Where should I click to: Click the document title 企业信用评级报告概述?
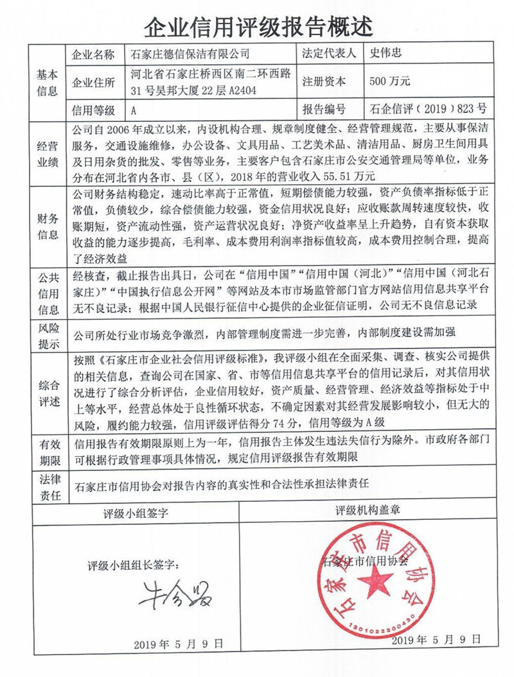coord(257,26)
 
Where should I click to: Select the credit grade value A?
coord(134,110)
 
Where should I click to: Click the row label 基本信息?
coord(48,81)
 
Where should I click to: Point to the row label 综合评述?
coord(48,391)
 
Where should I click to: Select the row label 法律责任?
coord(48,486)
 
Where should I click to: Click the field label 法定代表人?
coord(328,54)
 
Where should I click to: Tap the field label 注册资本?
coord(324,82)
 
